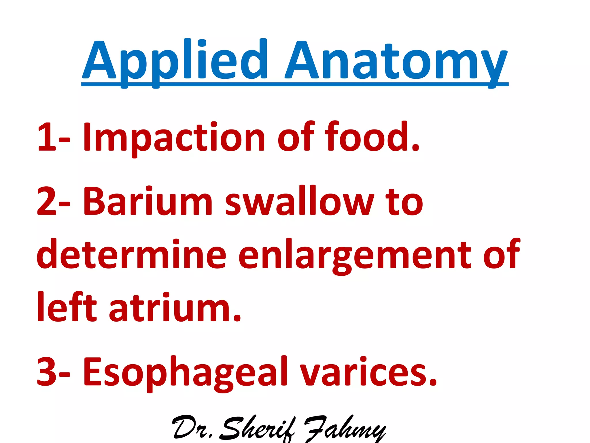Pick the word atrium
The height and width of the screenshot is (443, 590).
175,307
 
